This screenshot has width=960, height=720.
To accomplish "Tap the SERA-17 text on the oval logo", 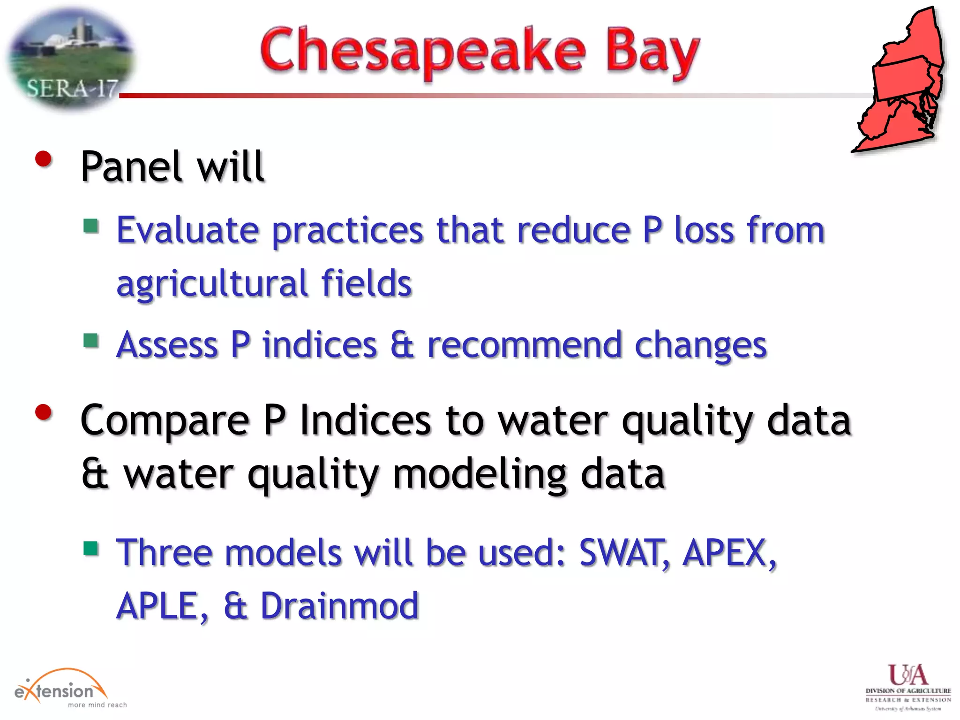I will pyautogui.click(x=72, y=89).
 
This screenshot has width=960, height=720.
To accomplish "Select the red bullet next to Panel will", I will pyautogui.click(x=44, y=159).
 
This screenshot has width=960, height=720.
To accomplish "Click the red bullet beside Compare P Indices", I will pyautogui.click(x=44, y=412).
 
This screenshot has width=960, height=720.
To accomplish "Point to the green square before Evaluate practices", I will pyautogui.click(x=91, y=226).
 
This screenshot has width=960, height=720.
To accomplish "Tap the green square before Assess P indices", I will pyautogui.click(x=91, y=340).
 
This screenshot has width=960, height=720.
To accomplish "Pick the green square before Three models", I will pyautogui.click(x=91, y=547).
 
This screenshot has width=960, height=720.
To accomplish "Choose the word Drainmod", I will pyautogui.click(x=339, y=606).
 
